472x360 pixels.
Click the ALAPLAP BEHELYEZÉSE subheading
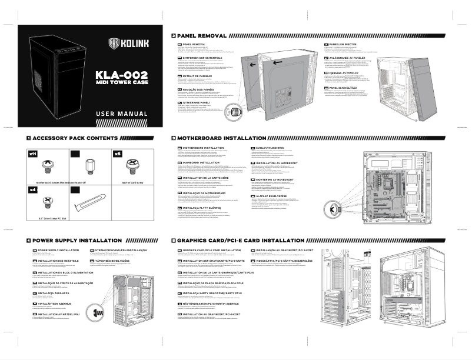pyautogui.click(x=279, y=198)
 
